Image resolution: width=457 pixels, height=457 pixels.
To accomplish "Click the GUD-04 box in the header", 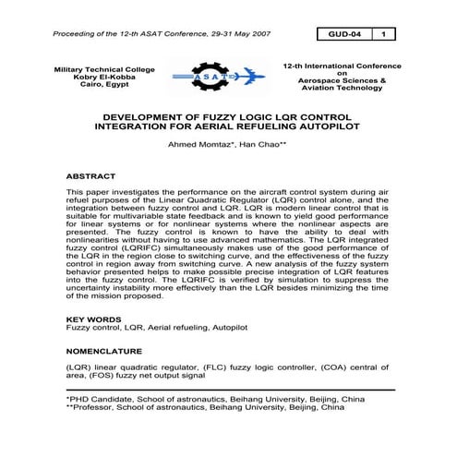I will coord(343,34).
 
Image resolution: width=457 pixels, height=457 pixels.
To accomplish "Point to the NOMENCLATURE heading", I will coord(103,352).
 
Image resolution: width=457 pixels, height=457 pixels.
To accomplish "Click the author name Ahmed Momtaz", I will coord(197,146).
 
